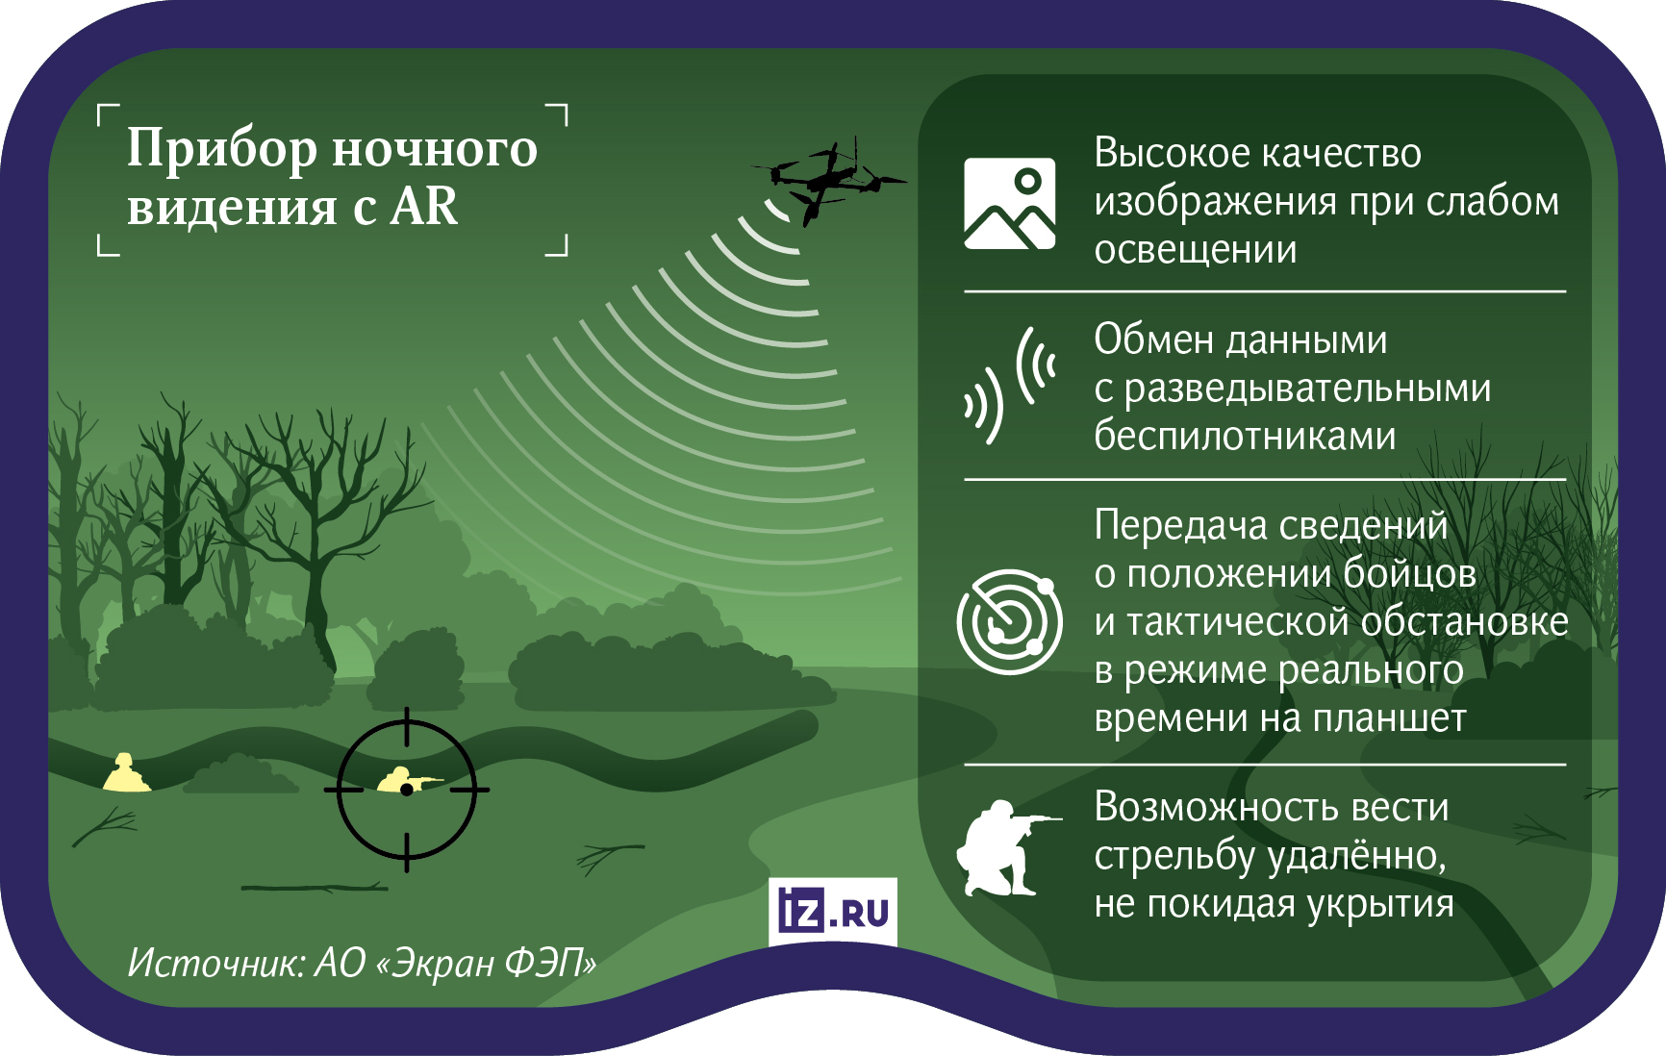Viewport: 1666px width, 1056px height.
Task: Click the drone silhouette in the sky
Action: tap(827, 182)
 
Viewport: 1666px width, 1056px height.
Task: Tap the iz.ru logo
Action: tap(833, 910)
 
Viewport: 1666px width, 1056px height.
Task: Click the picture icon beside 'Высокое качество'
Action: tap(1009, 204)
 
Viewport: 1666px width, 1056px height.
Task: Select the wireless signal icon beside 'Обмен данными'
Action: tap(1010, 385)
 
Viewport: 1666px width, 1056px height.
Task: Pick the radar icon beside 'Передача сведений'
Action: tap(1009, 621)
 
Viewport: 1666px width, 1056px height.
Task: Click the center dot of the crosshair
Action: tap(407, 790)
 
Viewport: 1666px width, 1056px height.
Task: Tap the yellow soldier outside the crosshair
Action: tap(126, 773)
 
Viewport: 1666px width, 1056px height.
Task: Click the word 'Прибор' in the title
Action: tap(222, 149)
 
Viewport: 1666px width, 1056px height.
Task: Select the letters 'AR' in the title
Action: tap(423, 207)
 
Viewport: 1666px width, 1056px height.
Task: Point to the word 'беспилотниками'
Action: tap(1245, 437)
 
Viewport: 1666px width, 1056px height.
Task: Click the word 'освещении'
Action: tap(1196, 250)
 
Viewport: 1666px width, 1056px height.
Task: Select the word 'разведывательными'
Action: tap(1307, 389)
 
